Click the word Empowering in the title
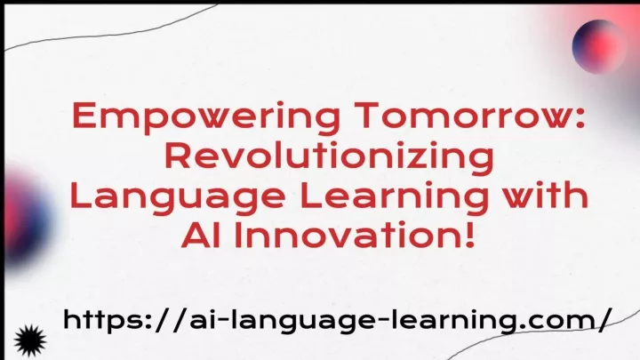(x=206, y=117)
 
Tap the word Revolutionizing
(x=330, y=158)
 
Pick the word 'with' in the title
(x=545, y=195)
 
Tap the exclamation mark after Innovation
(x=469, y=235)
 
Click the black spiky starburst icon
(x=30, y=340)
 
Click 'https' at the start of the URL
(x=100, y=321)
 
